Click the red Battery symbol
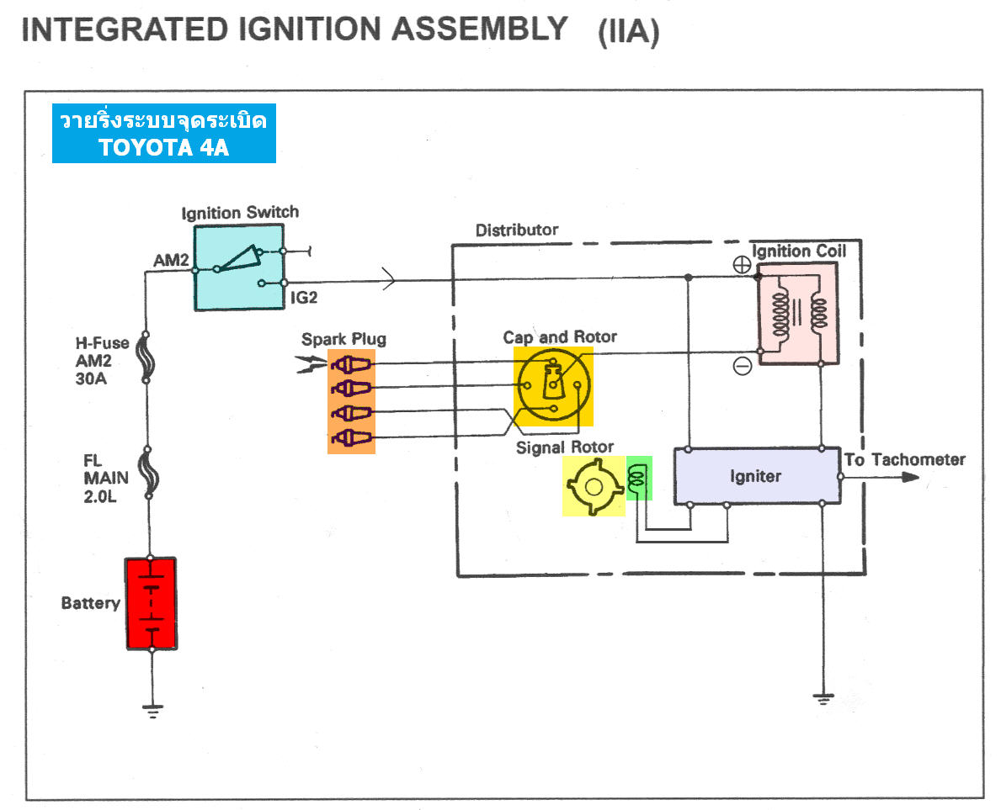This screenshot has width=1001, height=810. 151,603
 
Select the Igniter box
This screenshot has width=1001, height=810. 755,476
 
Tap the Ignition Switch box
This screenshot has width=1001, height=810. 241,267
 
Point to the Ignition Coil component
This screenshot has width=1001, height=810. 798,313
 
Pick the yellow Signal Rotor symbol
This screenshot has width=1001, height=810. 594,486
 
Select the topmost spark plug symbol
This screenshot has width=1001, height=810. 351,364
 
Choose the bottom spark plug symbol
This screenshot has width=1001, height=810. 351,437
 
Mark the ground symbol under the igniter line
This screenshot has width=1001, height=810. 822,698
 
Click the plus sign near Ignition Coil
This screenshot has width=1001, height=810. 742,263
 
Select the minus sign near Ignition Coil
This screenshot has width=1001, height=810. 742,366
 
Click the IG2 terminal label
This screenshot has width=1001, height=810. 304,297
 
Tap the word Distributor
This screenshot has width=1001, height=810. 517,230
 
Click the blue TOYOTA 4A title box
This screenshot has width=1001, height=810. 163,134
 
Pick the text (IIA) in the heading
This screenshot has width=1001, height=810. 628,34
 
